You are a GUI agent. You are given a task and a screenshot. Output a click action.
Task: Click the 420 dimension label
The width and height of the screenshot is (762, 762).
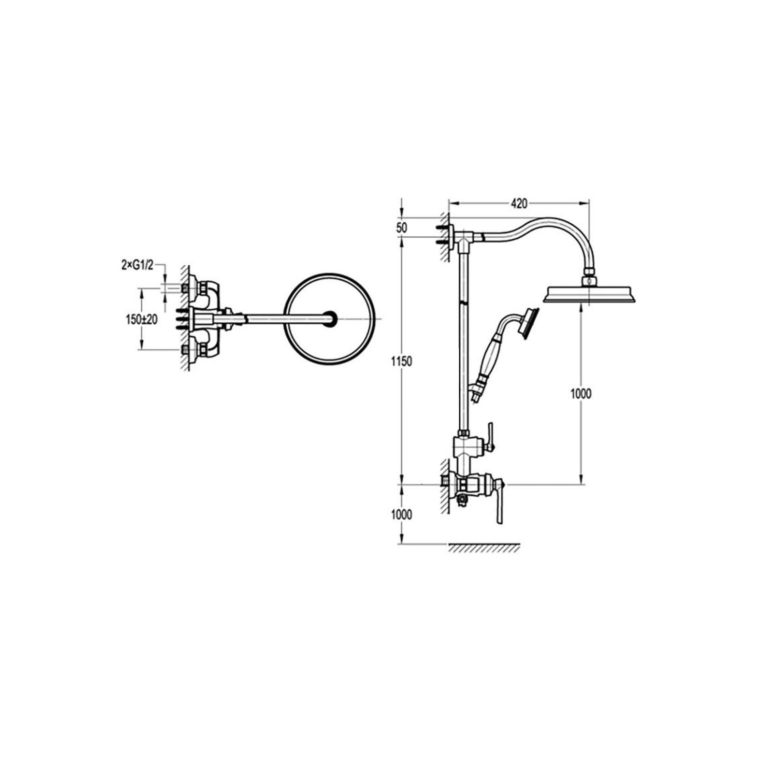pyautogui.click(x=519, y=204)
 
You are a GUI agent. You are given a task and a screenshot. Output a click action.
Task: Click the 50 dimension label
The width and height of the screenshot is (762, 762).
pyautogui.click(x=401, y=228)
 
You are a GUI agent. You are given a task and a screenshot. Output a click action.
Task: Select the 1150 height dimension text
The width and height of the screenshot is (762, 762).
pyautogui.click(x=402, y=362)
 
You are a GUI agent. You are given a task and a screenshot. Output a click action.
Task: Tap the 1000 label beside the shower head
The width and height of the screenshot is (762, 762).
pyautogui.click(x=581, y=394)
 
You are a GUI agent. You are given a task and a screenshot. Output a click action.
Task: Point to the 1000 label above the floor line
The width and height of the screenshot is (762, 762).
pyautogui.click(x=402, y=514)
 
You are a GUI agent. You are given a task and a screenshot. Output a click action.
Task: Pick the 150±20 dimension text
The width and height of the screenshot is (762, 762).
pyautogui.click(x=141, y=320)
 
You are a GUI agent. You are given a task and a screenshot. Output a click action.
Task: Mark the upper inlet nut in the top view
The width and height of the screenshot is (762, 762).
pyautogui.click(x=185, y=288)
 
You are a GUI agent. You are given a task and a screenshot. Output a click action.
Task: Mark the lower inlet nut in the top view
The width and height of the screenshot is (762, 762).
pyautogui.click(x=185, y=350)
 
